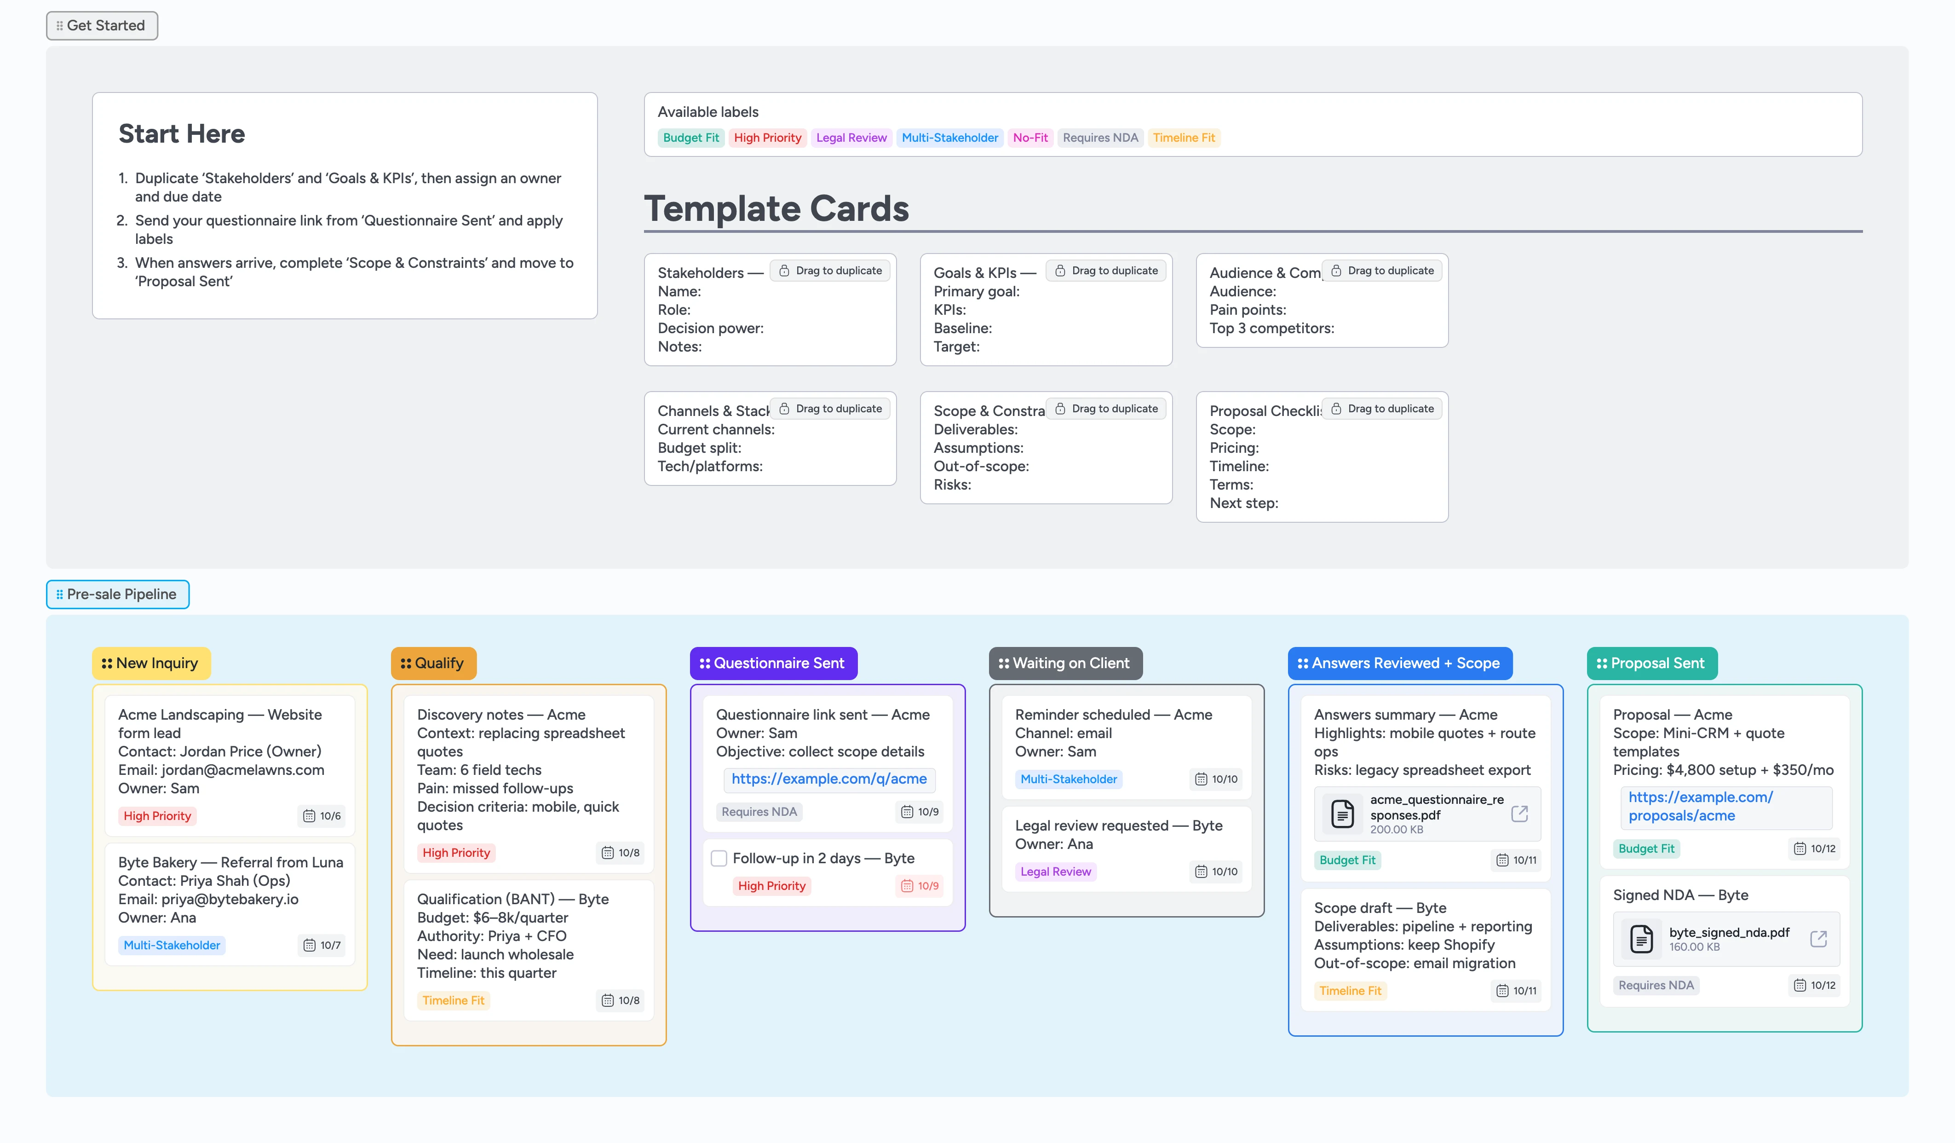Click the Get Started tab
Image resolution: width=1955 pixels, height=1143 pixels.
click(102, 26)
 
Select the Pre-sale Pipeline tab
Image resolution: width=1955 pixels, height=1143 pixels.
click(117, 595)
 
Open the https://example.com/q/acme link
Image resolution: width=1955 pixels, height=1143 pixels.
click(828, 779)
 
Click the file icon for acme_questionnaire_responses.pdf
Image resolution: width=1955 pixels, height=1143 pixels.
click(1342, 814)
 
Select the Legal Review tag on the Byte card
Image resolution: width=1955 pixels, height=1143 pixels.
click(1055, 872)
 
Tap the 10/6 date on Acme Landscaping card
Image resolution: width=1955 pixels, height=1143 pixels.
click(322, 816)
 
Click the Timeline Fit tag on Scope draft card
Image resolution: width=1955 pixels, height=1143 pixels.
click(1350, 991)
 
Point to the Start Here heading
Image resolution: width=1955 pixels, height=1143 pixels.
click(182, 134)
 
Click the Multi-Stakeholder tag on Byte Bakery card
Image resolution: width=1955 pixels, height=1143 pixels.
click(172, 945)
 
